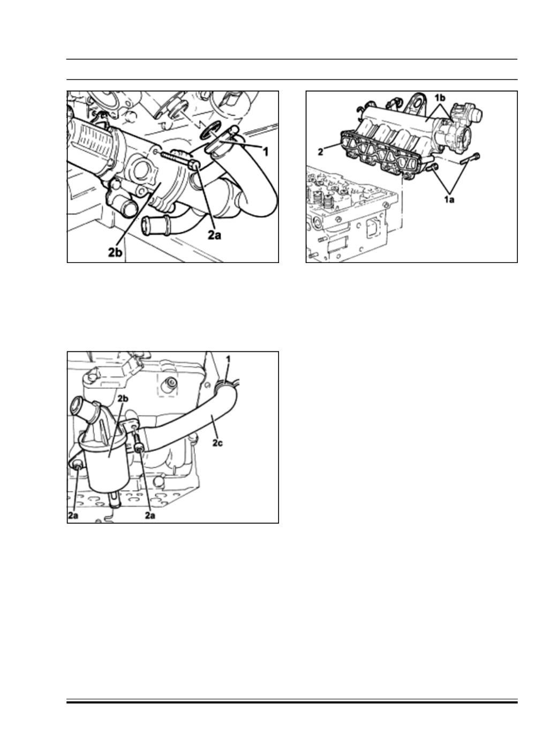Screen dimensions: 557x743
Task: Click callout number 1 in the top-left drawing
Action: point(266,152)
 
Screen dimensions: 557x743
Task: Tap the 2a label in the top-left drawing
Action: point(214,235)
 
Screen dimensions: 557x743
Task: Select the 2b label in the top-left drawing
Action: point(115,252)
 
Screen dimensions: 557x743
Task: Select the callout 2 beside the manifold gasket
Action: point(320,152)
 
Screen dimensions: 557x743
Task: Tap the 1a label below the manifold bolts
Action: point(449,200)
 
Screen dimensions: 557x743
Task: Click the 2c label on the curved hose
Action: point(217,443)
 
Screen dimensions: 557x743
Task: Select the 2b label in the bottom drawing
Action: point(123,399)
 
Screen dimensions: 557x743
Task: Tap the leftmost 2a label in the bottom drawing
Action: point(73,515)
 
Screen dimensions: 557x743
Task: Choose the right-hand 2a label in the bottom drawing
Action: point(150,515)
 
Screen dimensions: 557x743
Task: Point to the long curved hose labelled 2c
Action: point(193,416)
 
